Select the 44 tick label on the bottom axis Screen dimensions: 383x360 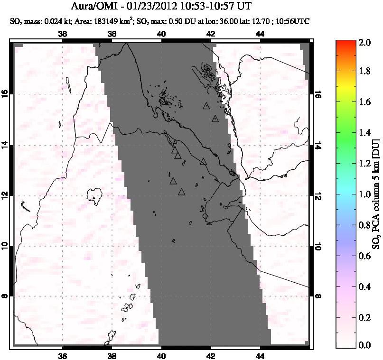click(260, 357)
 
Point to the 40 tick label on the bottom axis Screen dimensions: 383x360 click(161, 357)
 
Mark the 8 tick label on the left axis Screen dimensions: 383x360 click(6, 296)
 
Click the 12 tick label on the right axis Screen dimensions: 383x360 click(318, 195)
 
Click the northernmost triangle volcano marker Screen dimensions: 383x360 click(206, 106)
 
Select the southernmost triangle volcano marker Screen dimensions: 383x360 click(181, 192)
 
